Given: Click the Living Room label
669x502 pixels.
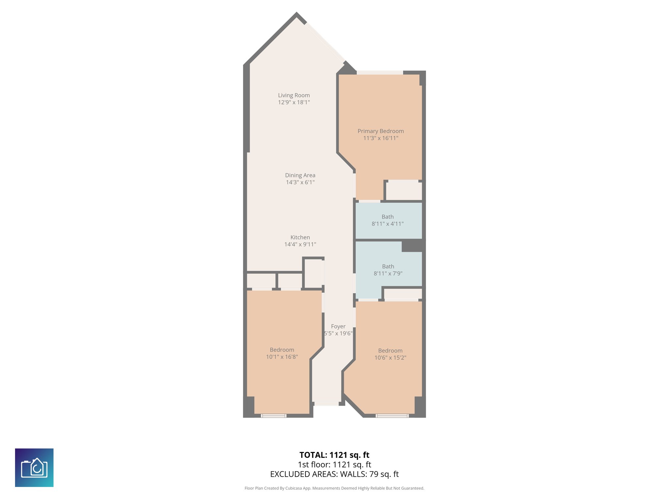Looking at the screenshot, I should (294, 95).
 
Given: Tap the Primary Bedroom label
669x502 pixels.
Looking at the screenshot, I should (381, 131).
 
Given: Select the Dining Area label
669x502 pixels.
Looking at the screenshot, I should (300, 175).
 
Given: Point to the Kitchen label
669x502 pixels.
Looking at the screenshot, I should (300, 237).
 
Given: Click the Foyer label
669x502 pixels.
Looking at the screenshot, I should (338, 326).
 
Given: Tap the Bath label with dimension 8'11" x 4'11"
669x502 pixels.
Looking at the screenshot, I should (387, 217).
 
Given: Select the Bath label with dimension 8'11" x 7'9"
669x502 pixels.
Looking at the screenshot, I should (388, 266).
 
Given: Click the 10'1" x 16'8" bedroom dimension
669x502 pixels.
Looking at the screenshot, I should (282, 357).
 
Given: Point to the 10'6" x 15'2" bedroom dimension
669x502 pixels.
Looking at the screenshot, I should (390, 358).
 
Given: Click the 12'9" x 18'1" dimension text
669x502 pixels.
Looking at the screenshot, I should (294, 102).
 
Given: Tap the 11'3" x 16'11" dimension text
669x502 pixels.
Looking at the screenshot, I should (381, 138).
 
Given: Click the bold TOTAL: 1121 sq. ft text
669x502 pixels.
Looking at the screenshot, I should (334, 455).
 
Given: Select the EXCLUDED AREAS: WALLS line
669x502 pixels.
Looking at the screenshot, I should (334, 474).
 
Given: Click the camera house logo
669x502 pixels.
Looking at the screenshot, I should (34, 468).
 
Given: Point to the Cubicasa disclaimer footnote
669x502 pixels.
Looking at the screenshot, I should (334, 488).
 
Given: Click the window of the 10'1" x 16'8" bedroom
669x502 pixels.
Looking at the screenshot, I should (273, 416).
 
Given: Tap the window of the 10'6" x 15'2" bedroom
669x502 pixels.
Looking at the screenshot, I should (392, 416).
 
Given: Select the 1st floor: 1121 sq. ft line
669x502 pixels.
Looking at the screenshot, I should (334, 464).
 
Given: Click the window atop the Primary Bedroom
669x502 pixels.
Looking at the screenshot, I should (380, 73).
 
